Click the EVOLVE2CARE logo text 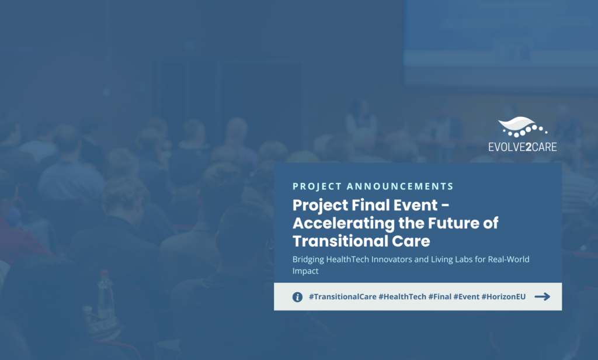pos(523,147)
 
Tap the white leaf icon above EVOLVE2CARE pos(523,127)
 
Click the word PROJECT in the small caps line pos(317,186)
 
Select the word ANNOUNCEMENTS pos(399,186)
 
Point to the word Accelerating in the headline pos(343,223)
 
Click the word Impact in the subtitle pos(305,271)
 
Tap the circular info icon pos(297,297)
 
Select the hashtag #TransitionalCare pos(342,297)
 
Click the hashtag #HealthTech pos(402,297)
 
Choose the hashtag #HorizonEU pos(503,297)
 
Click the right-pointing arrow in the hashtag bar pos(543,297)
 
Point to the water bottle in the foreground pos(105,294)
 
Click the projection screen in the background pos(500,42)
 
